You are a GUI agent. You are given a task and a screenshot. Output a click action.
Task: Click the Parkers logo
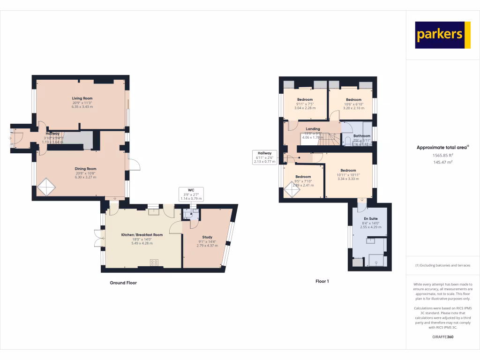(x=442, y=35)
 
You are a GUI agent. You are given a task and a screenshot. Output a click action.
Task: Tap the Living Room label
(x=82, y=98)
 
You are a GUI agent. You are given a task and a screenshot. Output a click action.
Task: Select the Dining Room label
(x=85, y=169)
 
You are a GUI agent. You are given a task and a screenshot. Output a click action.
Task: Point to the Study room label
(x=207, y=237)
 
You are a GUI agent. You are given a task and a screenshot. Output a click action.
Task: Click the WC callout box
(x=191, y=195)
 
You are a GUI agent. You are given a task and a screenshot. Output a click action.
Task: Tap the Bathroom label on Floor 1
(x=362, y=136)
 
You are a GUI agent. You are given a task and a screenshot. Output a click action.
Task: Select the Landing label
(x=313, y=129)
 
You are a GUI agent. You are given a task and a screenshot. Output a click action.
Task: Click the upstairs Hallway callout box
(x=265, y=157)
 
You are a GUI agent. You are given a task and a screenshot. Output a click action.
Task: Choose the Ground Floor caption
(x=123, y=283)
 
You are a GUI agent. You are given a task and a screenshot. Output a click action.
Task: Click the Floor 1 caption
(x=322, y=281)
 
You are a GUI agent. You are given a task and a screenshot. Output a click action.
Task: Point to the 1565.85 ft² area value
(x=442, y=155)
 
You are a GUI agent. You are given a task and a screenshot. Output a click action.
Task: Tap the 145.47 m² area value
(x=442, y=162)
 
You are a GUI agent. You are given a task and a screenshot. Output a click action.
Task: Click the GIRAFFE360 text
(x=442, y=337)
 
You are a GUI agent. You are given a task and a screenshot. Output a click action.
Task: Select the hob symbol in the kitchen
(x=154, y=262)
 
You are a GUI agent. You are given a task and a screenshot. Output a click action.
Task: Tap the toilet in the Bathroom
(x=348, y=141)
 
